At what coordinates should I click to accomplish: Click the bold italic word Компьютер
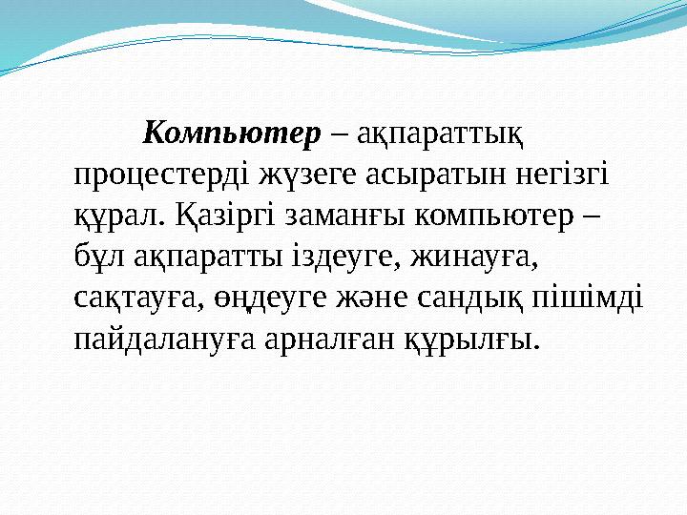coord(231,134)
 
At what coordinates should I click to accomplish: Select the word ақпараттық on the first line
coord(441,136)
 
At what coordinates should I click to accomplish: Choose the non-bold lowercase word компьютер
coord(496,217)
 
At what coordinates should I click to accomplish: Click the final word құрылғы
coord(476,340)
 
